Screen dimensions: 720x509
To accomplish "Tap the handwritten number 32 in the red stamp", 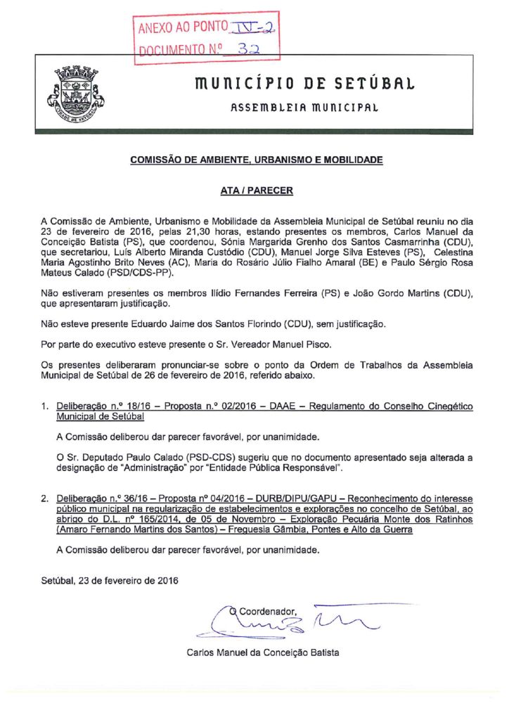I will (247, 49).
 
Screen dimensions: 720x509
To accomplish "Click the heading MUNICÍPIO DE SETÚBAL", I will (296, 84).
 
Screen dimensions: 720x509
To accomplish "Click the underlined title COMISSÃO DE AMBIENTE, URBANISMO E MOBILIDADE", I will (257, 160).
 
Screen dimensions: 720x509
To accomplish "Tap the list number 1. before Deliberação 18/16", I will (45, 407).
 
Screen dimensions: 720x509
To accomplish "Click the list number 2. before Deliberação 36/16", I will (45, 499).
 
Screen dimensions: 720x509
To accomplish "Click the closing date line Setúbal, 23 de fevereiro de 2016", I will (110, 581).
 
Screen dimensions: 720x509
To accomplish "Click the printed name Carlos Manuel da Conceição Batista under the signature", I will (262, 652).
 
